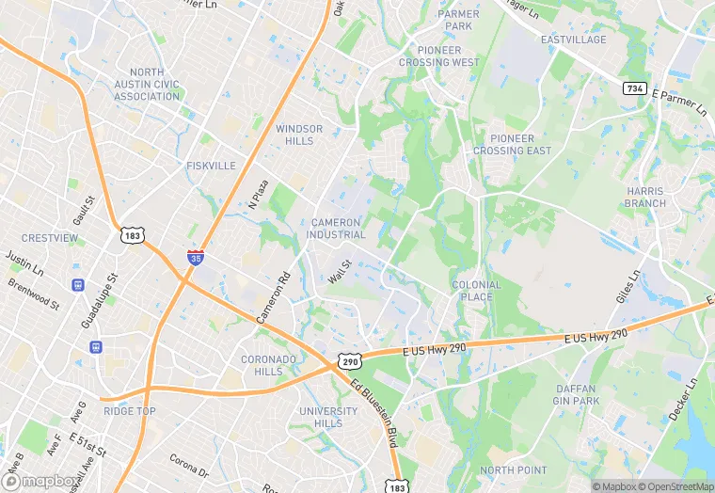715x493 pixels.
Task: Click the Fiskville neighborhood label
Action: (x=211, y=166)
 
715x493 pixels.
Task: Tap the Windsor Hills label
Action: (x=299, y=135)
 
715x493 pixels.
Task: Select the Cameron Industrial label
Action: (x=338, y=229)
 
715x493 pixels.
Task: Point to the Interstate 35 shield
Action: (x=195, y=256)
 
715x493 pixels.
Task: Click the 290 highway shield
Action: (x=350, y=360)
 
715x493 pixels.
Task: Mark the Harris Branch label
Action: (x=645, y=197)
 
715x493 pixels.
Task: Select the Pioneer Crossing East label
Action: (x=512, y=145)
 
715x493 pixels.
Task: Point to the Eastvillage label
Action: (x=573, y=40)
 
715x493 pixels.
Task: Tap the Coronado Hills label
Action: (x=269, y=365)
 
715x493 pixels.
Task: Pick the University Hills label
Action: (x=328, y=418)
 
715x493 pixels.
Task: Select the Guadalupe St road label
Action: (x=98, y=301)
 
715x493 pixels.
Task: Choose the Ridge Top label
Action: (x=130, y=411)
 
